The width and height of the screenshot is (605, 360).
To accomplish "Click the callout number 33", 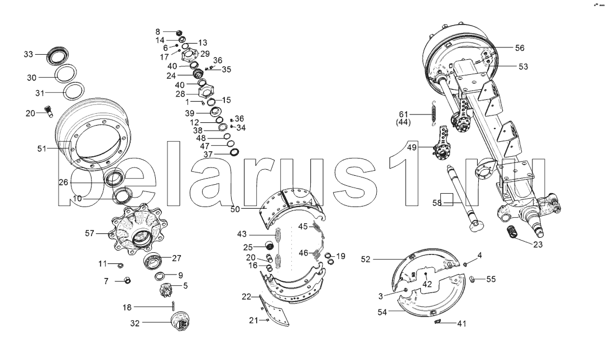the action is coord(28,54).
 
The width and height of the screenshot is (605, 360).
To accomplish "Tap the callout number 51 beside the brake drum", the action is coord(42,148).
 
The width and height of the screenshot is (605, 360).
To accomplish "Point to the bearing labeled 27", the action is coord(154,262).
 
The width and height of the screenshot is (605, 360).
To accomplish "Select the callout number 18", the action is coord(127,308).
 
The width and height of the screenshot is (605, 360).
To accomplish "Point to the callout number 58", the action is coord(437,203).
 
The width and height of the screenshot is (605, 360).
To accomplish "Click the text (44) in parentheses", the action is coord(403,122).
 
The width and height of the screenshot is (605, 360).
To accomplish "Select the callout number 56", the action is coord(520,48).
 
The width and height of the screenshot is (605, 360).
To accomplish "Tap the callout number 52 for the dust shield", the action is coord(366,260).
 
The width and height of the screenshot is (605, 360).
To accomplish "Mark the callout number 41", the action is coord(462,323).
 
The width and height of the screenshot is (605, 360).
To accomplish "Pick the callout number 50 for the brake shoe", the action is coord(235,209).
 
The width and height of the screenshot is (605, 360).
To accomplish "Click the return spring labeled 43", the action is coord(279,247).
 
